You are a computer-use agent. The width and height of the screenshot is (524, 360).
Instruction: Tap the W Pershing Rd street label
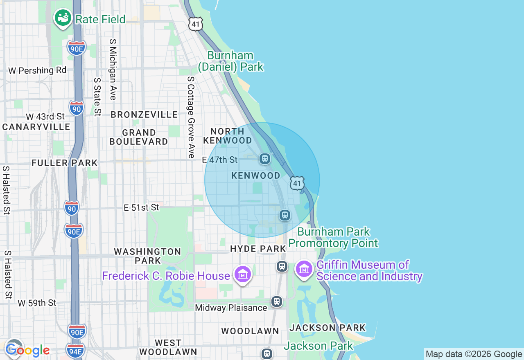pyautogui.click(x=37, y=70)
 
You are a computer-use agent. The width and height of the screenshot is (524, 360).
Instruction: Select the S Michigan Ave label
pyautogui.click(x=113, y=70)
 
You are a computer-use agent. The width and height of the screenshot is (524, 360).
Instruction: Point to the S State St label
pyautogui.click(x=97, y=97)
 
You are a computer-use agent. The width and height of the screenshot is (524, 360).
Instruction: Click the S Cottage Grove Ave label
pyautogui.click(x=191, y=117)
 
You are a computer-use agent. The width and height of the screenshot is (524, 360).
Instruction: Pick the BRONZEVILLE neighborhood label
pyautogui.click(x=144, y=115)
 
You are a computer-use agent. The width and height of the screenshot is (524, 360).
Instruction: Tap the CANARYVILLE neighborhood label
pyautogui.click(x=36, y=127)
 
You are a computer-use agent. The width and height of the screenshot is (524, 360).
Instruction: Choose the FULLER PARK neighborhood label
pyautogui.click(x=65, y=163)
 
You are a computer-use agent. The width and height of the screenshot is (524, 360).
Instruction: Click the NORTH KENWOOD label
pyautogui.click(x=228, y=136)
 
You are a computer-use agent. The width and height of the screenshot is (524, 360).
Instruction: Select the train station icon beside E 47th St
pyautogui.click(x=265, y=159)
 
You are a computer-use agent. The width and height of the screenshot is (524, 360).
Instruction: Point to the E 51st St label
pyautogui.click(x=141, y=208)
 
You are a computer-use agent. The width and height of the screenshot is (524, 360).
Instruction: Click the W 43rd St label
pyautogui.click(x=45, y=117)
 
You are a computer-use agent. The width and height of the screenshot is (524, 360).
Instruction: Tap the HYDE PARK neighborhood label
pyautogui.click(x=258, y=249)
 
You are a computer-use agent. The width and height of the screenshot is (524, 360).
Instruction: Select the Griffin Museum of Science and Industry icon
pyautogui.click(x=304, y=269)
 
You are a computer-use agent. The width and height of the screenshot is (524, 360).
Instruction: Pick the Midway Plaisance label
pyautogui.click(x=231, y=308)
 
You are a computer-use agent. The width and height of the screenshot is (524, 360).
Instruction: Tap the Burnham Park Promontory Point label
pyautogui.click(x=333, y=238)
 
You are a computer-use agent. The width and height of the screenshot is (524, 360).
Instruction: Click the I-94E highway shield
pyautogui.click(x=75, y=350)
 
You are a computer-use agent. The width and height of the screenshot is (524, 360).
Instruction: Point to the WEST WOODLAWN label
pyautogui.click(x=168, y=347)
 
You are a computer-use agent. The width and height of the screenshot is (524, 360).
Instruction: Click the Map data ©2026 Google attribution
pyautogui.click(x=474, y=354)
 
